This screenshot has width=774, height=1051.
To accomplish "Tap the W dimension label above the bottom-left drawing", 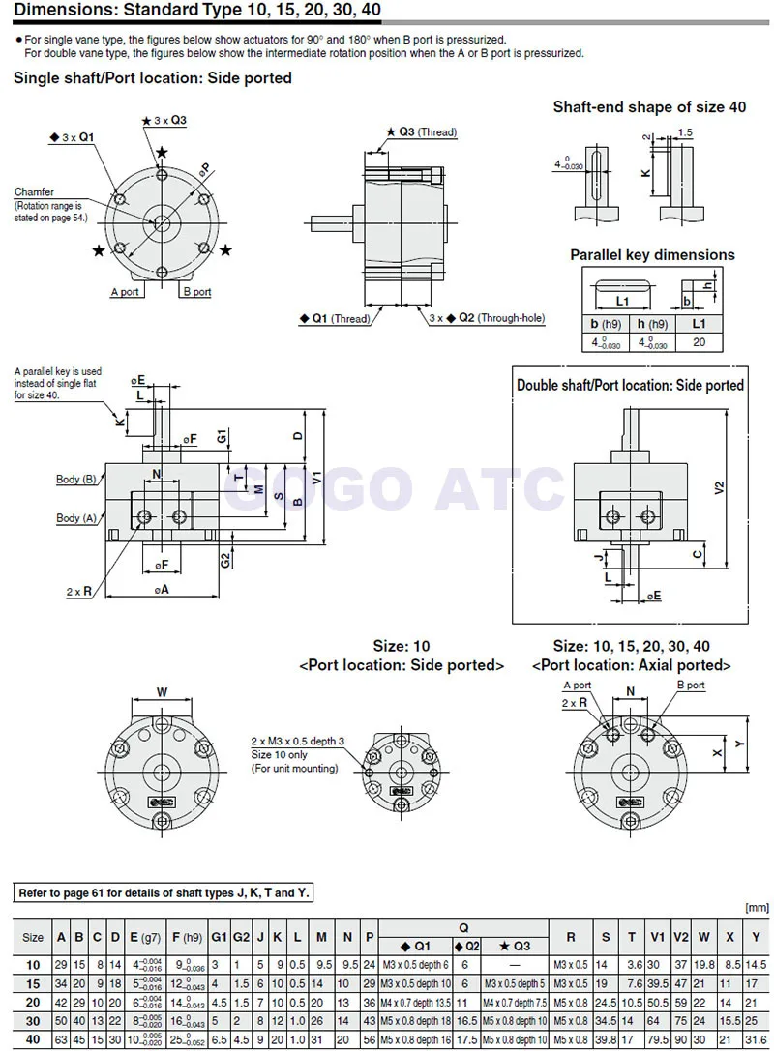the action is (x=162, y=692).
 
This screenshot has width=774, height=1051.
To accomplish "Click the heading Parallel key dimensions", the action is (x=652, y=255).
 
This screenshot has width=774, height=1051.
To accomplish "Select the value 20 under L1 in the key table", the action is (x=699, y=341).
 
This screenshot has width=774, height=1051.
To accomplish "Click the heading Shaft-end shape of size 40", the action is (x=649, y=107).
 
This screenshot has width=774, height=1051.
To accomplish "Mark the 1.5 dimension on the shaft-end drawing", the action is (x=686, y=133).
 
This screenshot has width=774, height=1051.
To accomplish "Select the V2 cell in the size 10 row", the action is (x=681, y=964).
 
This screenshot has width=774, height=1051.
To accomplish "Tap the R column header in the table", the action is (x=571, y=937).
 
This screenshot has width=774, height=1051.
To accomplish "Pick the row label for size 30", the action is (x=32, y=1019).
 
